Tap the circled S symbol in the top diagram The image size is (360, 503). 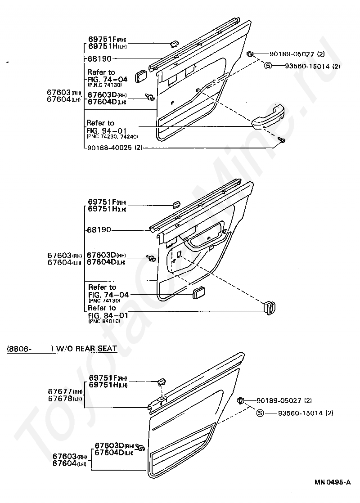pos(268,66)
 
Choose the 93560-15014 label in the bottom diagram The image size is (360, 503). pos(299,413)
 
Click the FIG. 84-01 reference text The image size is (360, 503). pos(108,315)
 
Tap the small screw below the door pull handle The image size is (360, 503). pos(283,141)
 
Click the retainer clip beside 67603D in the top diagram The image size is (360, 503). pos(151,97)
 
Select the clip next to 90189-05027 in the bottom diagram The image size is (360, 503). pos(241,400)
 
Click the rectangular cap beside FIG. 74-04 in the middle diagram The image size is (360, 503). pos(198,293)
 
